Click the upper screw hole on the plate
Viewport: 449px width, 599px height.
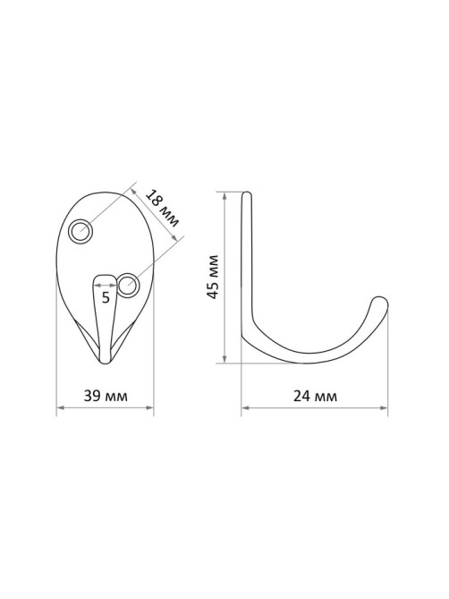(x=80, y=231)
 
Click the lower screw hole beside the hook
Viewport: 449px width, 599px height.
(x=128, y=285)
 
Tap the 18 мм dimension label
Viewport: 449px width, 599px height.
(x=163, y=208)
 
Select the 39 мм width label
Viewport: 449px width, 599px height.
(x=106, y=396)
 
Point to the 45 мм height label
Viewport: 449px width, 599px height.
(x=212, y=277)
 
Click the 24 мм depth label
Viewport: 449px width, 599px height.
(x=315, y=396)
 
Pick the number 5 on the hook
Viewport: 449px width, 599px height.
(x=106, y=297)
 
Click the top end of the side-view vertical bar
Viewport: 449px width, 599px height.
(x=247, y=193)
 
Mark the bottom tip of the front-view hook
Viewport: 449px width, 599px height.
(x=106, y=362)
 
